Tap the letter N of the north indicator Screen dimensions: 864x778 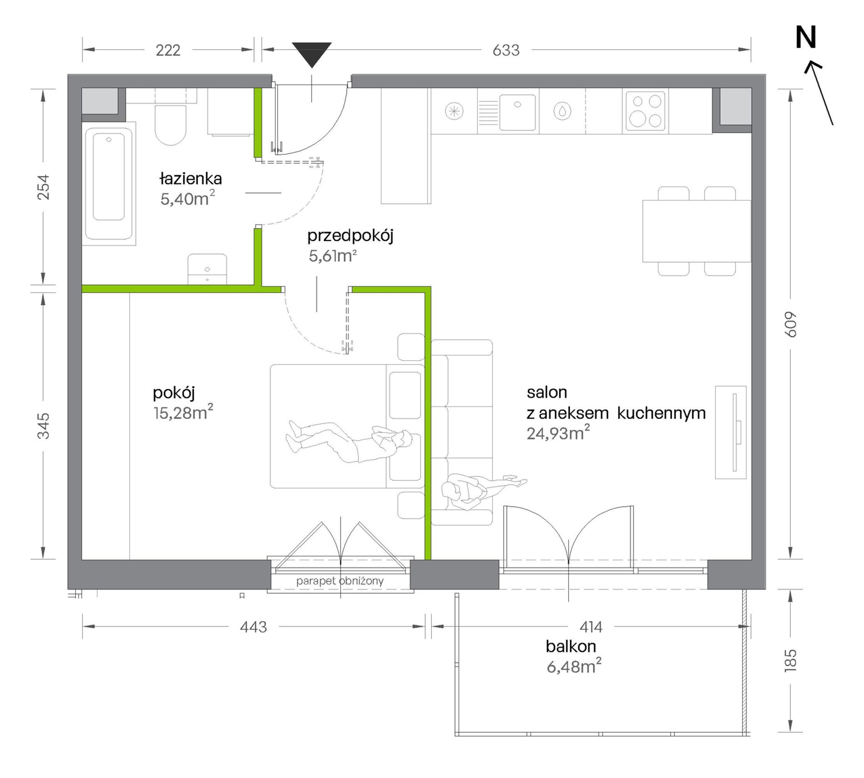coord(806,37)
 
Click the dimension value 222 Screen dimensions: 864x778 coord(168,50)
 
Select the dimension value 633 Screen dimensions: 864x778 coord(506,50)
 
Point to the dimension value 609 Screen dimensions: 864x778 coord(791,324)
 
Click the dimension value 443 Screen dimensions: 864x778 coord(253,627)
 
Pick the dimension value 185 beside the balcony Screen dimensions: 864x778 coord(791,660)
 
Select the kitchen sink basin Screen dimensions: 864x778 coord(517,112)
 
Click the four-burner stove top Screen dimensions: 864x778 coord(645,111)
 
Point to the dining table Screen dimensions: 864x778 coord(696,231)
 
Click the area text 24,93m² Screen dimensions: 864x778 coord(558,433)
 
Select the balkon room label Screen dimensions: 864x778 coord(571,646)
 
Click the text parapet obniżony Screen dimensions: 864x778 coord(340,581)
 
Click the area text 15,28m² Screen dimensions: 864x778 coord(183,412)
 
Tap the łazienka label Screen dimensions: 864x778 coord(191,178)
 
